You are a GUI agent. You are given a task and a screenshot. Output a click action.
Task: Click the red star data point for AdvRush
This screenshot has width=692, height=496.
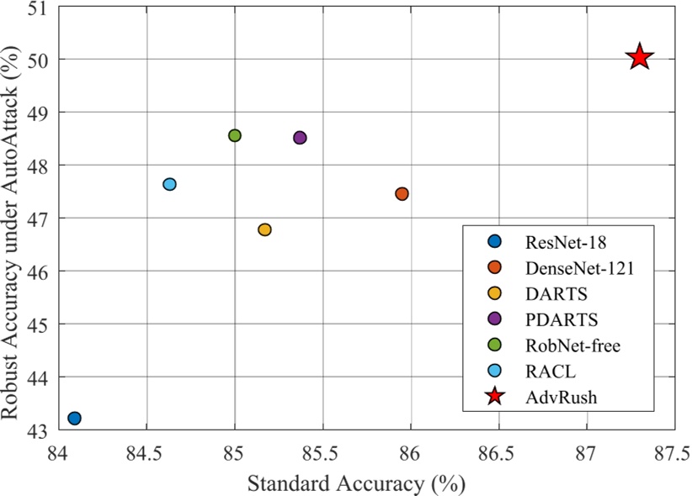640,57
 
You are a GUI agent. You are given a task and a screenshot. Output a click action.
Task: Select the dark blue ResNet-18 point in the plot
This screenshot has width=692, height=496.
74,418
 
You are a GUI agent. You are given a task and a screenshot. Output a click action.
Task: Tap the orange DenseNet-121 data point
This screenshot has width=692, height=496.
402,193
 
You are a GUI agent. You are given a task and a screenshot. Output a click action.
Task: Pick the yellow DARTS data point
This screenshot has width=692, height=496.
264,230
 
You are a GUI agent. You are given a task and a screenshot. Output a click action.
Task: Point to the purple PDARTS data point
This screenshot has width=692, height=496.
300,137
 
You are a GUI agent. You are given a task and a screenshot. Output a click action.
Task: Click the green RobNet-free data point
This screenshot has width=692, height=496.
235,135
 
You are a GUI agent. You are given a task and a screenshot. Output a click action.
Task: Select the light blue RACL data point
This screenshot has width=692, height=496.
169,184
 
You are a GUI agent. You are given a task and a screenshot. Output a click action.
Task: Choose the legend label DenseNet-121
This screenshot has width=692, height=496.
578,268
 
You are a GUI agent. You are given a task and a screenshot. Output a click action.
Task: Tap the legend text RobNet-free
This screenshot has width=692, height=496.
572,346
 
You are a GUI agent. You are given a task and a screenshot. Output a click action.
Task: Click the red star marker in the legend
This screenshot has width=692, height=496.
495,397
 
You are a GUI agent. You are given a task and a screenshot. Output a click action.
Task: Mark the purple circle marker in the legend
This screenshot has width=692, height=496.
495,319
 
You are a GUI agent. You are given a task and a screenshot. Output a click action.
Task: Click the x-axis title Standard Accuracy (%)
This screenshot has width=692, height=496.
355,483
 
